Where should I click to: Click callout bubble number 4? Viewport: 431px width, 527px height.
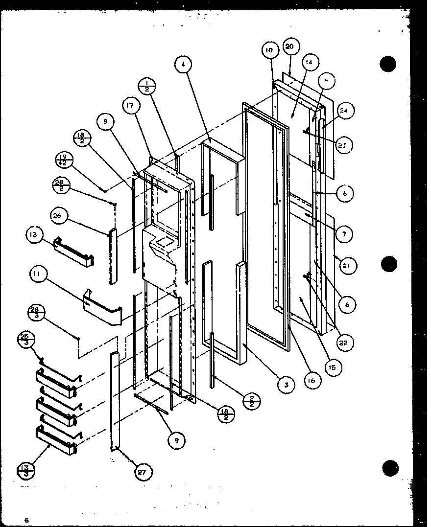coord(184,64)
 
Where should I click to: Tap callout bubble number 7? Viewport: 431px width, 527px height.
coord(345,234)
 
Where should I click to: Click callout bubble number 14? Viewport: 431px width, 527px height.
coord(310,62)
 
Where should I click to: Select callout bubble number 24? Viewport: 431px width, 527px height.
coord(344,111)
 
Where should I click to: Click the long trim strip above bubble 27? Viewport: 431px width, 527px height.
coord(114,399)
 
